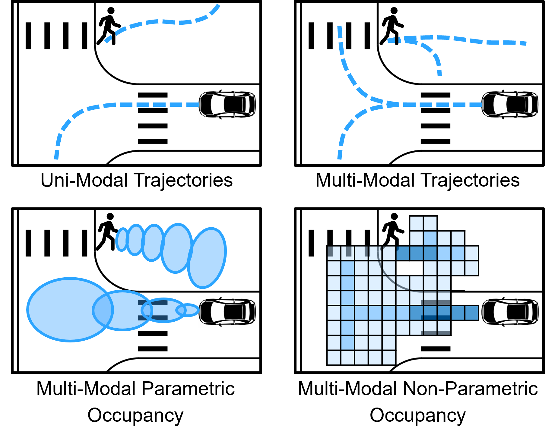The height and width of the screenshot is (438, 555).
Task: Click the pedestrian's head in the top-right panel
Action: point(394,11)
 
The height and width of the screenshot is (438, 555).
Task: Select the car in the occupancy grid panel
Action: point(510,312)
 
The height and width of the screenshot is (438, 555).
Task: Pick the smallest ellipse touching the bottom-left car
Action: point(188,310)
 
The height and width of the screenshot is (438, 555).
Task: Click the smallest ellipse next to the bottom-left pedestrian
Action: point(122,240)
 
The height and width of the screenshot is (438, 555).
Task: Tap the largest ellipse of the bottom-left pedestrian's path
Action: point(207,258)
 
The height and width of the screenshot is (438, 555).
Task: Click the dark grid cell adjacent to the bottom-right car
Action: point(471,313)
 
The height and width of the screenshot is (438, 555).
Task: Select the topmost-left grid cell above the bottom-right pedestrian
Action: point(416,223)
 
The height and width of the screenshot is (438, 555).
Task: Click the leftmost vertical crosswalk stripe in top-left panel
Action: point(28,36)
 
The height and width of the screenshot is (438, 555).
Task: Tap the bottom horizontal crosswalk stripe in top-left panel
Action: point(153,141)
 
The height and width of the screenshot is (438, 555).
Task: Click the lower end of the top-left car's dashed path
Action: point(56,157)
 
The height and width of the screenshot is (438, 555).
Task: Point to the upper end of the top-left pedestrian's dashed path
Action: point(218,6)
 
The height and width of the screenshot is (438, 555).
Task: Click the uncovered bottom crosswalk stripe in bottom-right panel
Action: point(436,349)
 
